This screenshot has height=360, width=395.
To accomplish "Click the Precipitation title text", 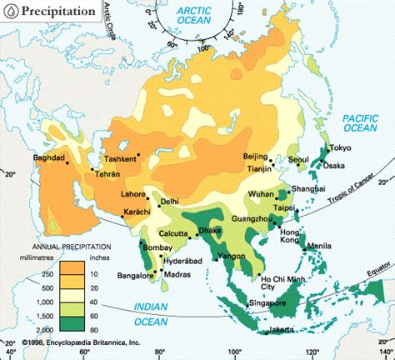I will point(59,12).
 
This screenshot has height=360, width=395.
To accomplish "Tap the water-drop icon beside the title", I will point(10,12).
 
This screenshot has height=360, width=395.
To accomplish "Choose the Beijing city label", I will point(255,157).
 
